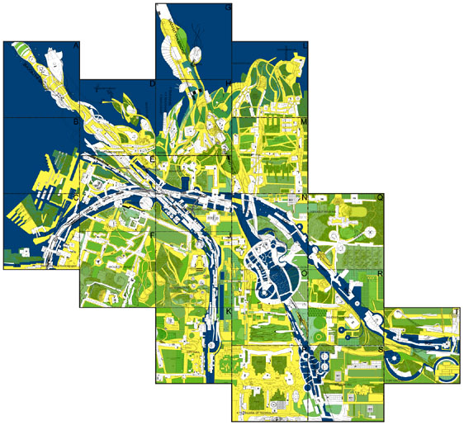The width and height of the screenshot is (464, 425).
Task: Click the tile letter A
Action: click(x=77, y=46)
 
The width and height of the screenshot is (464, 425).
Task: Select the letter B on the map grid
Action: click(x=76, y=122)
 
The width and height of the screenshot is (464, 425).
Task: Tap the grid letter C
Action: click(x=76, y=198)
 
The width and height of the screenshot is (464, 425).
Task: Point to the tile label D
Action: click(x=152, y=84)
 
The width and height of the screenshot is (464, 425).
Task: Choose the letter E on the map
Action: click(x=152, y=159)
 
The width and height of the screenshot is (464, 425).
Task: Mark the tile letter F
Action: click(x=152, y=235)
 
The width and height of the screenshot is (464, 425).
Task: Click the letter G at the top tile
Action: click(x=228, y=8)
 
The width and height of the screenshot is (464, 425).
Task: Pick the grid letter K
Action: click(x=228, y=311)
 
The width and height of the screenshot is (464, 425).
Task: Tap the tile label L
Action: click(x=304, y=46)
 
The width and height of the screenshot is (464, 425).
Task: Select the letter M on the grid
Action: click(x=304, y=122)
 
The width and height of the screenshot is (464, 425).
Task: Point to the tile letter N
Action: click(x=304, y=198)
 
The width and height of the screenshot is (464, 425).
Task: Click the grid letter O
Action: click(x=304, y=273)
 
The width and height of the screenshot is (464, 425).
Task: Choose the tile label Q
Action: click(x=380, y=198)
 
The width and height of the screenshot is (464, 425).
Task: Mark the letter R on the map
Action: click(x=380, y=273)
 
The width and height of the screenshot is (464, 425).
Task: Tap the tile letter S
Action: click(x=380, y=349)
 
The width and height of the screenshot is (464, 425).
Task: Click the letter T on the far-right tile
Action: click(x=456, y=312)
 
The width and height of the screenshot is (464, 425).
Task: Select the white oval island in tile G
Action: click(x=196, y=55)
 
